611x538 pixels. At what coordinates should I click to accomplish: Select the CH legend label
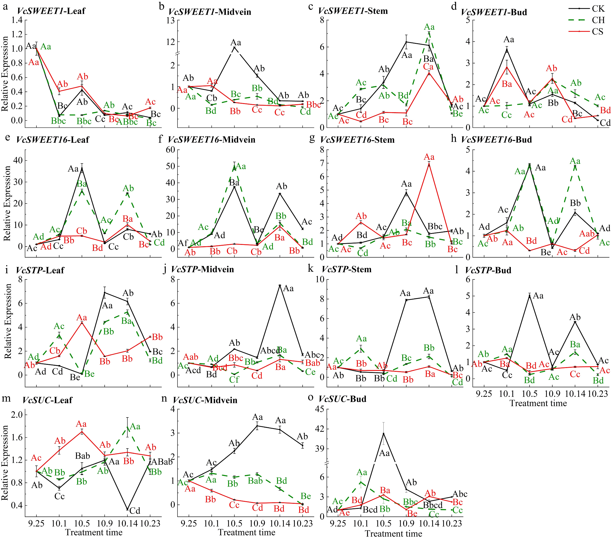tap(598, 20)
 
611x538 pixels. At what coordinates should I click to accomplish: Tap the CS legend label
tap(598, 31)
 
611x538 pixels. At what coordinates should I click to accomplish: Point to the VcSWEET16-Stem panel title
tap(357, 140)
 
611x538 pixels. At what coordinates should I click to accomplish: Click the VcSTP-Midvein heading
tap(202, 269)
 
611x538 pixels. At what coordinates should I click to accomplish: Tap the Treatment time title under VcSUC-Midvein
tap(247, 532)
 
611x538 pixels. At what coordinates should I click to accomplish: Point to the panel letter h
tap(454, 139)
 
